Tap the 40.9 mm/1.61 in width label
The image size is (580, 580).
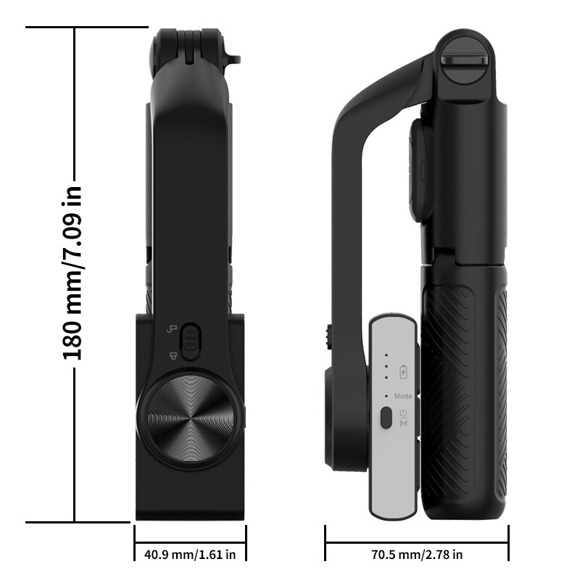tap(190, 555)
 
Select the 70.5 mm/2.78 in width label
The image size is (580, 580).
tap(417, 555)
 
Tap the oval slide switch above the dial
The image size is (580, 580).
tap(190, 341)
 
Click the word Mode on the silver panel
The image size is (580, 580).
tap(403, 397)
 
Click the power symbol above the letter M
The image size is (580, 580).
tap(403, 413)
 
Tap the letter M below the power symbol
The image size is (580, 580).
tap(403, 423)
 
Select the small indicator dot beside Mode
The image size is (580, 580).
tap(386, 397)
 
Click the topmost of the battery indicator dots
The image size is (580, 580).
tap(386, 355)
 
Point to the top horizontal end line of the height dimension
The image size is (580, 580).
tap(87, 28)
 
